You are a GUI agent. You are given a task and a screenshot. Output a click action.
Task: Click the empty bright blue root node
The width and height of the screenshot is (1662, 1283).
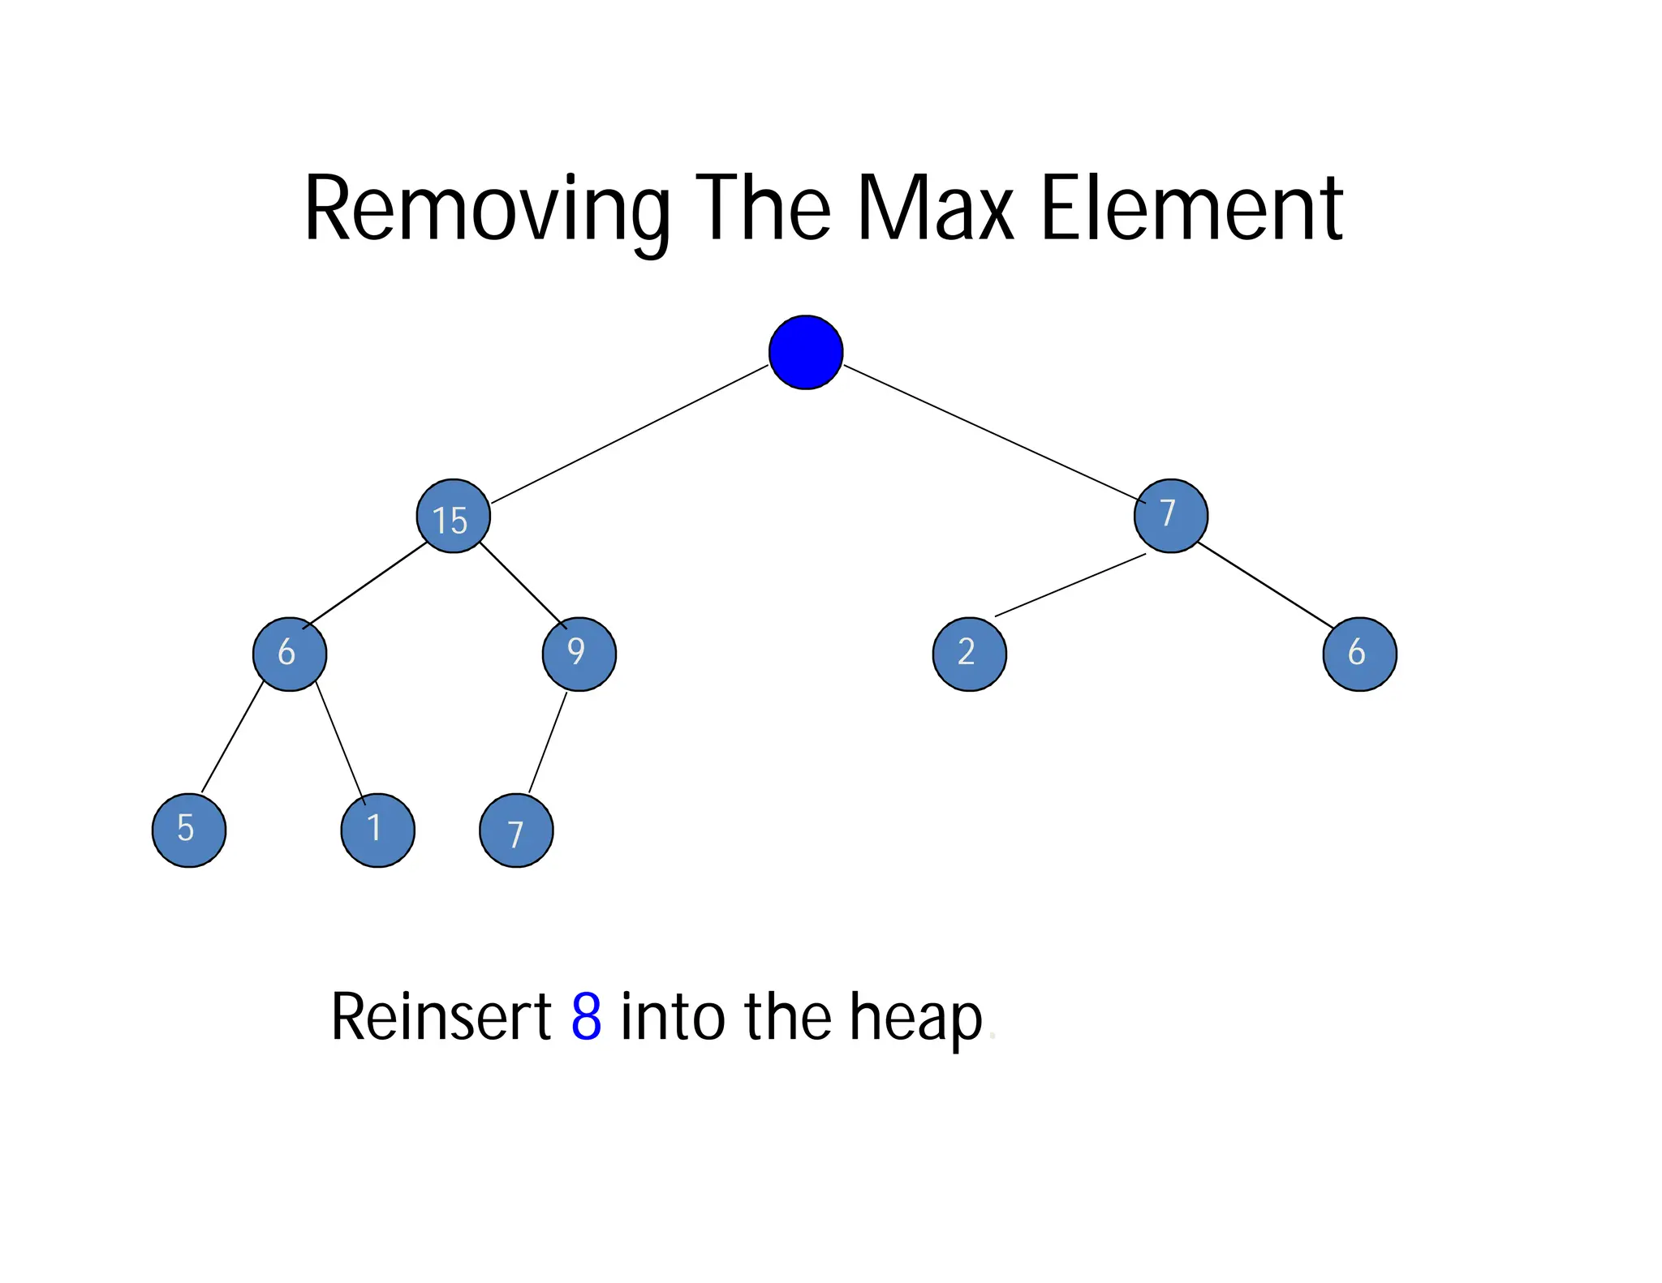pos(805,352)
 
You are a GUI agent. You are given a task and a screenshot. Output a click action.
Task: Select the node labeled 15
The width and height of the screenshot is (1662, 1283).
pos(453,517)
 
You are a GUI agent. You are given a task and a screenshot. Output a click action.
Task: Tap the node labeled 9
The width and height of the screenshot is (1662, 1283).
pos(579,654)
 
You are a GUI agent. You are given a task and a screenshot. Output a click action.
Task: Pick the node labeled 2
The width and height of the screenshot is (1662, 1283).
pos(969,654)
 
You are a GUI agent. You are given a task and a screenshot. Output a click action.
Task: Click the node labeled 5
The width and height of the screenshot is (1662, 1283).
pos(189,830)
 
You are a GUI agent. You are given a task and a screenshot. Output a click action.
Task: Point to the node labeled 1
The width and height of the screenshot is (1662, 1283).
pos(377,830)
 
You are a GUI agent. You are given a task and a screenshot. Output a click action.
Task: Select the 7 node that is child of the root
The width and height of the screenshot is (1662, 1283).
pos(1170,516)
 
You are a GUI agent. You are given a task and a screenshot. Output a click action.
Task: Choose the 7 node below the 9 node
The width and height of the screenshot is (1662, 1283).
pos(516,830)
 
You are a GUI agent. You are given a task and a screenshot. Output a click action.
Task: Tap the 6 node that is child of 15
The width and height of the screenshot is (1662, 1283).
pos(290,654)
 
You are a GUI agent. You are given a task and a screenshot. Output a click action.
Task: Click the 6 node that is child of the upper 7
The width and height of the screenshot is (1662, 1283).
pos(1359,654)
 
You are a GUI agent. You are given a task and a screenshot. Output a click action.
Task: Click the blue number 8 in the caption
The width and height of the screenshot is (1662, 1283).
pos(586,1017)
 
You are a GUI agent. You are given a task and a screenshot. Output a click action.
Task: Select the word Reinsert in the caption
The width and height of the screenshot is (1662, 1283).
pos(441,1017)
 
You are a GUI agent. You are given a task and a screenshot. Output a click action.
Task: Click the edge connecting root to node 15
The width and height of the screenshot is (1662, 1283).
pos(630,434)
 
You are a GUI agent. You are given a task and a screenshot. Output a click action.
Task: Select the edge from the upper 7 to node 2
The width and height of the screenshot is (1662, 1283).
pos(1070,585)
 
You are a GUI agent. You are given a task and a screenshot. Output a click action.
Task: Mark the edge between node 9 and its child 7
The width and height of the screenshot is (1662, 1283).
pos(548,742)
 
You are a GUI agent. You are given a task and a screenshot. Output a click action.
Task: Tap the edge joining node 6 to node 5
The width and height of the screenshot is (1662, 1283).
pos(232,737)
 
